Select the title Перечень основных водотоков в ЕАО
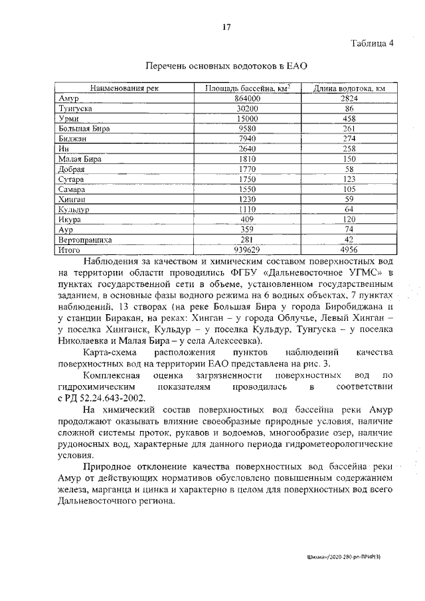click(226, 66)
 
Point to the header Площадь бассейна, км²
click(248, 88)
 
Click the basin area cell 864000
click(247, 98)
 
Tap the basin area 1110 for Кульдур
click(247, 209)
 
